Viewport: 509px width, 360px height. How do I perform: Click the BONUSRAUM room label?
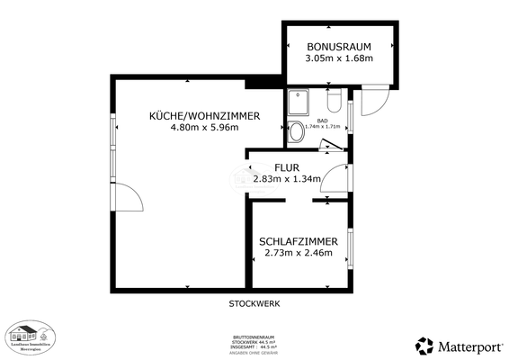pos(338,46)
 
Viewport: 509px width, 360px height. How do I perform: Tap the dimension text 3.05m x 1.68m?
pos(338,58)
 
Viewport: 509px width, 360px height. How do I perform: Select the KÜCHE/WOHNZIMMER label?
pos(205,116)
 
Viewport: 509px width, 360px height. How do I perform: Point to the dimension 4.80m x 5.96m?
pos(205,128)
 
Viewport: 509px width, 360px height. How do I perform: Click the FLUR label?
pos(286,167)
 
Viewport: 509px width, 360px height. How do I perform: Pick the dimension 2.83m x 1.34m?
pos(286,179)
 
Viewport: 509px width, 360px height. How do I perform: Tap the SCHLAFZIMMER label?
pos(299,241)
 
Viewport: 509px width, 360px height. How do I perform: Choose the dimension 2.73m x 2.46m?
pos(299,253)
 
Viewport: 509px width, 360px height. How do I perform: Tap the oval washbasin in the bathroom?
pos(296,134)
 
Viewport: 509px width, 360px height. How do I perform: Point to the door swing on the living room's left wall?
pos(128,198)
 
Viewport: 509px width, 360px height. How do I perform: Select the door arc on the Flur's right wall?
pos(336,177)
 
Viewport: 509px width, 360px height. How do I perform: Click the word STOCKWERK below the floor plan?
pos(254,304)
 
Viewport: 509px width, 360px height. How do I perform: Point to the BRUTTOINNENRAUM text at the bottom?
pos(254,337)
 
